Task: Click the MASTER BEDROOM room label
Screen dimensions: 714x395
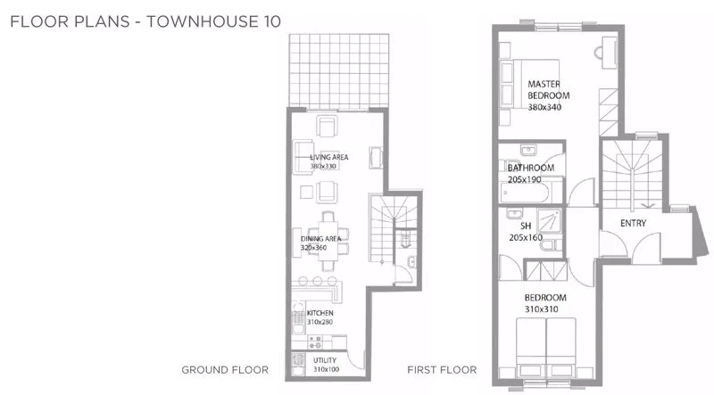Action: point(548,90)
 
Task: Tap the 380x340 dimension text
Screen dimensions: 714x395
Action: point(544,107)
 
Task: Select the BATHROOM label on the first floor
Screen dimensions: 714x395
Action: point(531,168)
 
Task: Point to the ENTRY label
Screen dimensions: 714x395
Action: point(633,223)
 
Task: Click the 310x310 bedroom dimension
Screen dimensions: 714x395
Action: point(542,309)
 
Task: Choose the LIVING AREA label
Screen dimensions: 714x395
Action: point(328,157)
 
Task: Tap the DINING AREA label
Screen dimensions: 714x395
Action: point(320,238)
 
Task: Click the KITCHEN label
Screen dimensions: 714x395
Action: point(320,313)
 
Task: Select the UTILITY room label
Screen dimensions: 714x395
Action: point(325,360)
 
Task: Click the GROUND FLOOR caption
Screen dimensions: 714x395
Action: point(225,370)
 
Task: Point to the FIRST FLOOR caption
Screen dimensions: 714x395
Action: point(442,370)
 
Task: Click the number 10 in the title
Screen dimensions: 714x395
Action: point(271,21)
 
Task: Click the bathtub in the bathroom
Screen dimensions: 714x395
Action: point(525,193)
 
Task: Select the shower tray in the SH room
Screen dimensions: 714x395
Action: point(549,221)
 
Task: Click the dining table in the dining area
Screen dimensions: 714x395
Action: point(328,240)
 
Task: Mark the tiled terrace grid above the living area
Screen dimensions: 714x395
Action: point(339,72)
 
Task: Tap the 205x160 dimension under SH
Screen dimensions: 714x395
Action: point(526,237)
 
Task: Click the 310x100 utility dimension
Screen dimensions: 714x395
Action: point(326,369)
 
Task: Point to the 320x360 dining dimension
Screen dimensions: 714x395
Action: point(313,248)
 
